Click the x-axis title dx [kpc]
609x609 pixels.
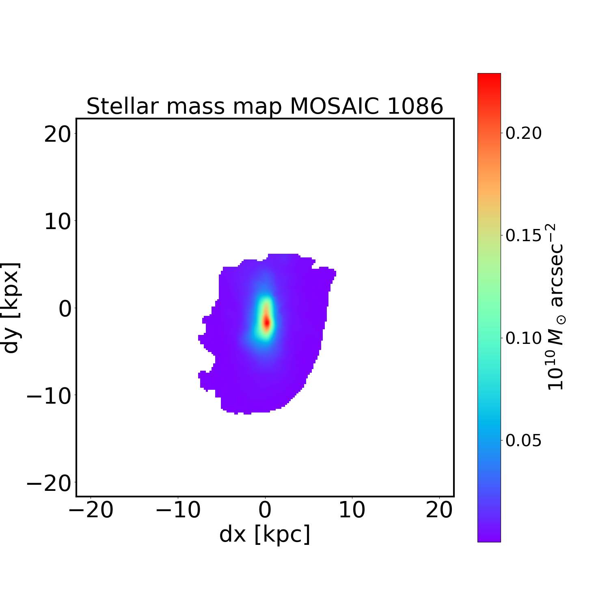pyautogui.click(x=265, y=534)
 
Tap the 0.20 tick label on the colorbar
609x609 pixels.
pyautogui.click(x=523, y=133)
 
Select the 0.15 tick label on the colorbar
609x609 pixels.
pyautogui.click(x=523, y=235)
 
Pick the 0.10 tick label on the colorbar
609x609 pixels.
pyautogui.click(x=523, y=338)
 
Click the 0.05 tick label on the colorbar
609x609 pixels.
pyautogui.click(x=523, y=440)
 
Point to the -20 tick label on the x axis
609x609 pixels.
pyautogui.click(x=91, y=510)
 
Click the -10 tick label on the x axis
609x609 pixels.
pyautogui.click(x=178, y=510)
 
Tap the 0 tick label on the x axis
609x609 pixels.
pyautogui.click(x=265, y=510)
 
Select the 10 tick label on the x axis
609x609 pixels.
pyautogui.click(x=352, y=510)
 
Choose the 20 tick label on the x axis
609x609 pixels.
pyautogui.click(x=439, y=510)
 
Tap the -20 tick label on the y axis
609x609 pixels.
pyautogui.click(x=49, y=483)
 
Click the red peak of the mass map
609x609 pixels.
pyautogui.click(x=266, y=322)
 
